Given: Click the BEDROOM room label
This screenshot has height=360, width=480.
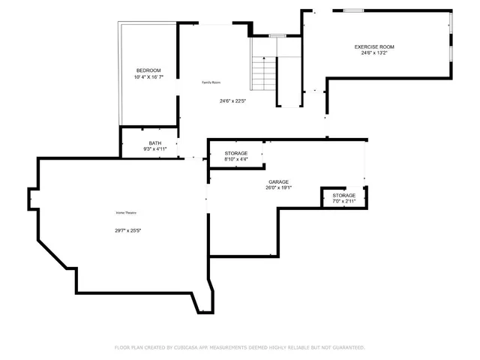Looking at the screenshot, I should (x=148, y=70).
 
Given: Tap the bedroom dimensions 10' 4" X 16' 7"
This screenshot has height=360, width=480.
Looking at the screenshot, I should (x=148, y=77).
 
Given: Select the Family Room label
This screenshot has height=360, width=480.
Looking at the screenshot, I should (x=211, y=82).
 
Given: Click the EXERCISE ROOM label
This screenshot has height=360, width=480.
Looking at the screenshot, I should (x=374, y=46).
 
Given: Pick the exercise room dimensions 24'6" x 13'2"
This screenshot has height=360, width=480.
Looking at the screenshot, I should (x=374, y=53).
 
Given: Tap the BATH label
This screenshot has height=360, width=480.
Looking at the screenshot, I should (x=154, y=142).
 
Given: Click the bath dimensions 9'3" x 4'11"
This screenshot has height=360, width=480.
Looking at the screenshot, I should (x=154, y=149).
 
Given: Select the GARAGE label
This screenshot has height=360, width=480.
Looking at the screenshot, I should (x=279, y=181).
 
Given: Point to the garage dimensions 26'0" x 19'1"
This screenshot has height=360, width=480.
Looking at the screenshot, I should (x=278, y=188).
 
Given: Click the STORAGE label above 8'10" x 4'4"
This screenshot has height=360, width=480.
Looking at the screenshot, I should (x=235, y=153).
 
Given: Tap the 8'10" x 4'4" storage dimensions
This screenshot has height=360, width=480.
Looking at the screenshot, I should (x=235, y=160).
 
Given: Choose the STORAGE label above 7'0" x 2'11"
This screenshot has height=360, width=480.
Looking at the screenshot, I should (x=344, y=195).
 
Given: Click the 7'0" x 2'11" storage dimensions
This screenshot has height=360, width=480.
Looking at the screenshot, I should (x=344, y=202).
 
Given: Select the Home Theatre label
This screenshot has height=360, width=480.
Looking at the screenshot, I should (x=125, y=213).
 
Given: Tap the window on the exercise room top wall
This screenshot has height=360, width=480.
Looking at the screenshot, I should (x=353, y=10).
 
